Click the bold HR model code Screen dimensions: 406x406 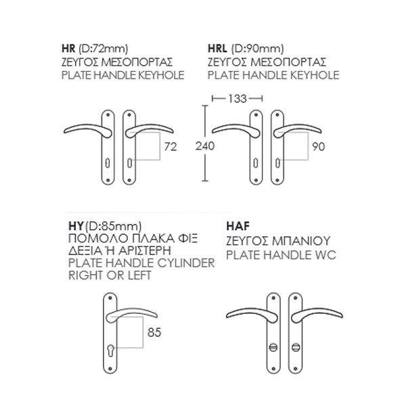click(x=68, y=49)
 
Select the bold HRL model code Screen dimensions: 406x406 click(x=217, y=49)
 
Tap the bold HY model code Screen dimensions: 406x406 click(x=76, y=226)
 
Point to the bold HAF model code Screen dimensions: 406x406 click(x=238, y=226)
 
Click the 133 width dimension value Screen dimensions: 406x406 click(x=238, y=99)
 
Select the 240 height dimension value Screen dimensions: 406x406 click(x=205, y=146)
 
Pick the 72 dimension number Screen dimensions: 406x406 click(x=171, y=147)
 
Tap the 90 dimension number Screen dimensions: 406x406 click(x=319, y=147)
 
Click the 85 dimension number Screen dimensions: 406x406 click(x=154, y=332)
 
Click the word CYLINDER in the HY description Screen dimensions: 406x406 click(x=186, y=263)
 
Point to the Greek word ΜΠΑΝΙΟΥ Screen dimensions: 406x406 click(x=301, y=242)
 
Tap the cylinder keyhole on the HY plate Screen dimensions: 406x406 click(x=110, y=351)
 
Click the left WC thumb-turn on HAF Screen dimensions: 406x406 click(x=273, y=347)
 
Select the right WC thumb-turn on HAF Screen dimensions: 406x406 click(x=296, y=347)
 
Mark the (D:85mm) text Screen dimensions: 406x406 click(x=113, y=226)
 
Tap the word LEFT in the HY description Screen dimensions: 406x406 click(x=139, y=275)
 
